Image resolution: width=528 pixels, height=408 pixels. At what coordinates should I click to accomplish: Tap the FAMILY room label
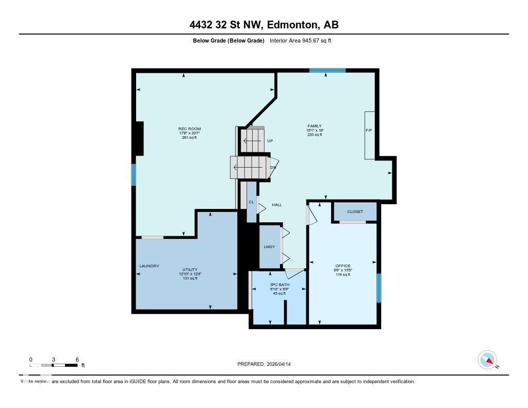[314, 126]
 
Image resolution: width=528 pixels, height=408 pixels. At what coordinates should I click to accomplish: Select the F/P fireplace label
[369, 130]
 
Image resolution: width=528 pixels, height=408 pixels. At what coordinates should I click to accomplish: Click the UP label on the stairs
[270, 141]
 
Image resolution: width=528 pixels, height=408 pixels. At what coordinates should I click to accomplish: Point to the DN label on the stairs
[273, 167]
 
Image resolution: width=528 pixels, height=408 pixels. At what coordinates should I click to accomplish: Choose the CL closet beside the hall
[252, 202]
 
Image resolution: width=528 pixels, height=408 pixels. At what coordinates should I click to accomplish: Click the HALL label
[277, 205]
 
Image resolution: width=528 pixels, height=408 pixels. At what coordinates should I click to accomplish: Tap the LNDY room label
[269, 247]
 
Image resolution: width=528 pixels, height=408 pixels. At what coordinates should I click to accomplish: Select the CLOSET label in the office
[355, 211]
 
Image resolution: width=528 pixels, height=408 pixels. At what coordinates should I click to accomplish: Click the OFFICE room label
[343, 266]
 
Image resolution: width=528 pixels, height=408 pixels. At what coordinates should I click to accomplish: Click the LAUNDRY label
[149, 266]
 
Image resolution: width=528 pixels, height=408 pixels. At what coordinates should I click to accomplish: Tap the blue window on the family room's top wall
[327, 70]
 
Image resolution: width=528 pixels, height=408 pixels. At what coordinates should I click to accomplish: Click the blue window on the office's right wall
[379, 288]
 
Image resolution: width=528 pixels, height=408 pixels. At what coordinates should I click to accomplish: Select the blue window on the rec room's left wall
[134, 174]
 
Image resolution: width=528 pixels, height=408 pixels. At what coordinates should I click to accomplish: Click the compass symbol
[487, 360]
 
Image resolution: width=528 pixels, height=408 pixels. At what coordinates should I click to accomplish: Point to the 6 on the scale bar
[77, 360]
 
